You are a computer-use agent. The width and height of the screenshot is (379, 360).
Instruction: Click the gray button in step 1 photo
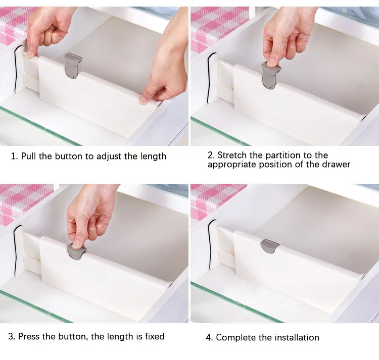coord(73,66)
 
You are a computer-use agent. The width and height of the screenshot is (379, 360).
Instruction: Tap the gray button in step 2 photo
coord(271,75)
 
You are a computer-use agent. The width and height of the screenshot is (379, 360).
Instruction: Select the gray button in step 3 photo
coord(76,251)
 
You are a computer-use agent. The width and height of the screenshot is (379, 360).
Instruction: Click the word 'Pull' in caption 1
coord(29,156)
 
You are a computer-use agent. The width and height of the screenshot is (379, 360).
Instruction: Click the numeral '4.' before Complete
coord(209,338)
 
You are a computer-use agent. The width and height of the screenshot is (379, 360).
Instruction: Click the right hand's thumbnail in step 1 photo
coord(143,101)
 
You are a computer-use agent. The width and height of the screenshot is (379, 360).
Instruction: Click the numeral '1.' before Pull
coord(14,157)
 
